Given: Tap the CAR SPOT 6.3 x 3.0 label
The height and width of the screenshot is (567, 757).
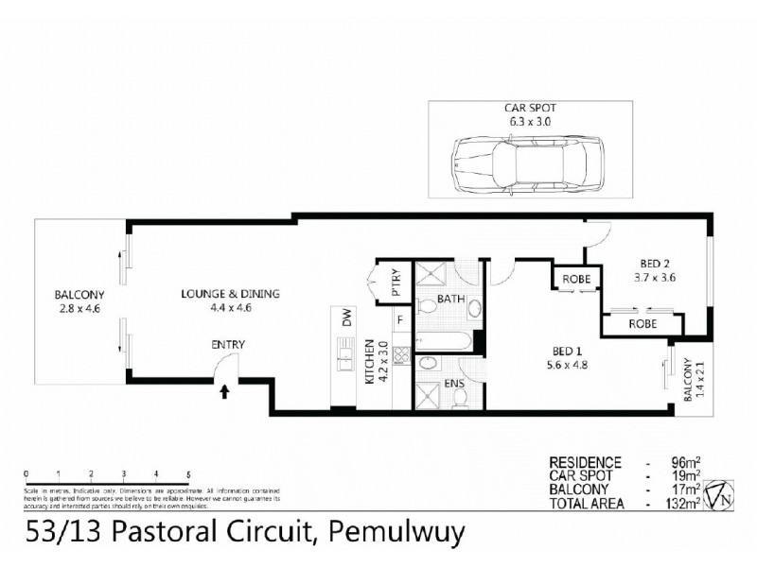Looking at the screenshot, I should [527, 115].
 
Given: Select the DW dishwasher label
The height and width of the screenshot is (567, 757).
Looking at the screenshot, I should [346, 322].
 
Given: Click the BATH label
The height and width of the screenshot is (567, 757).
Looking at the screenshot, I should [449, 299].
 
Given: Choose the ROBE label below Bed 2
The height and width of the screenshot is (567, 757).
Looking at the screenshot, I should [642, 324].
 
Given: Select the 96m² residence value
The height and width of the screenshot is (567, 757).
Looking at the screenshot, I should [683, 463].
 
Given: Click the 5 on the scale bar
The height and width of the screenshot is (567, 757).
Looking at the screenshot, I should [188, 472].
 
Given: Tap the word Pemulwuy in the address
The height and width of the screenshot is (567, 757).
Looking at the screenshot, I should [396, 533].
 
